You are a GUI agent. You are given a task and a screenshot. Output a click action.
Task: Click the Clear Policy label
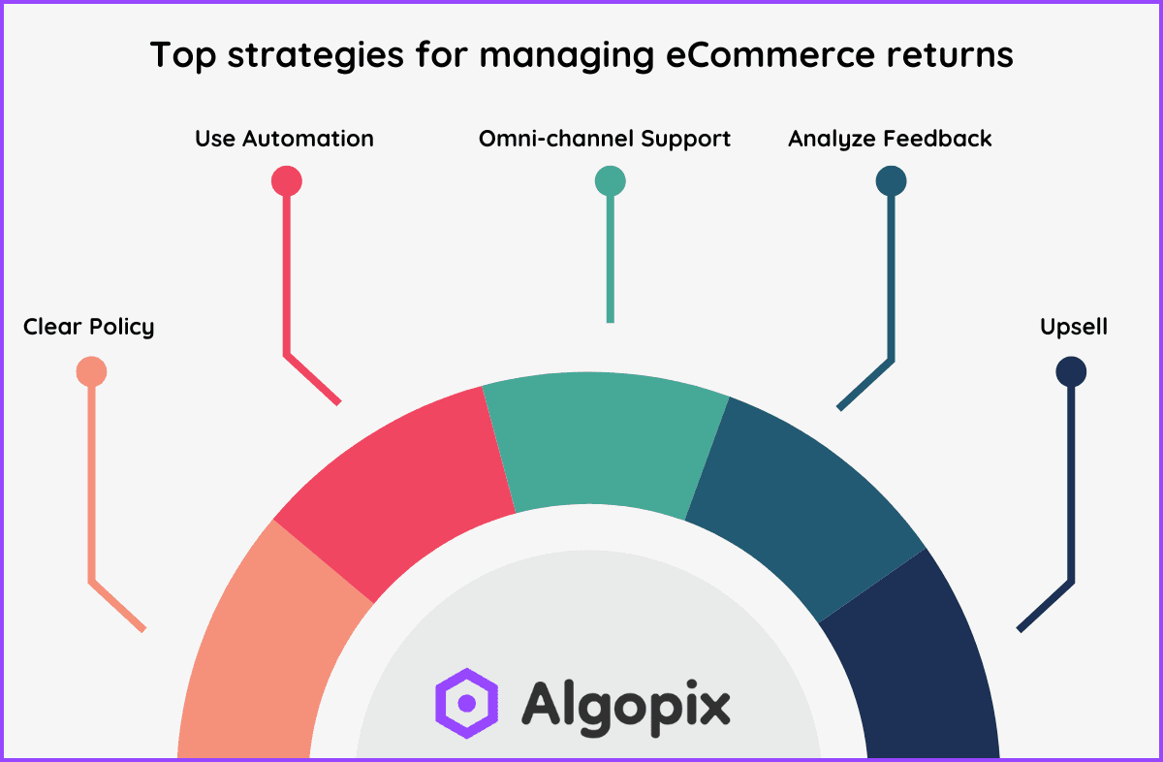pos(88,327)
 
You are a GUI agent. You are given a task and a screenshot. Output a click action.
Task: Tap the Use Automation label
pos(284,139)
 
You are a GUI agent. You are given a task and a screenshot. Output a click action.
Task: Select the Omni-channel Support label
pos(605,139)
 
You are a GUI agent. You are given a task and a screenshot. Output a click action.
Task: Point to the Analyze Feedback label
pos(890,139)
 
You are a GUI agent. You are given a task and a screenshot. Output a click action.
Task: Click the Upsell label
pos(1074,327)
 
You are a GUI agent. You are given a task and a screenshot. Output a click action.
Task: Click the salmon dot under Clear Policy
pos(91,371)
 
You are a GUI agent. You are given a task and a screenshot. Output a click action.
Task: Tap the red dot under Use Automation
pos(286,181)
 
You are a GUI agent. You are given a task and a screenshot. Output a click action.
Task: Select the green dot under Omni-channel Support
pos(610,181)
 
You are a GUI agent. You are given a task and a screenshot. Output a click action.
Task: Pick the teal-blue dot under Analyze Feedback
pos(890,181)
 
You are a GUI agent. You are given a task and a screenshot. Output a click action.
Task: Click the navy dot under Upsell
pos(1071,371)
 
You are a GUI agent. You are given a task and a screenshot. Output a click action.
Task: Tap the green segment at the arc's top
pos(606,446)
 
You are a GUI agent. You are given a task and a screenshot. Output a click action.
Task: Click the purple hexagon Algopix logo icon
pos(466,701)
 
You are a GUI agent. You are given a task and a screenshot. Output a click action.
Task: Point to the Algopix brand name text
pos(626,703)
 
